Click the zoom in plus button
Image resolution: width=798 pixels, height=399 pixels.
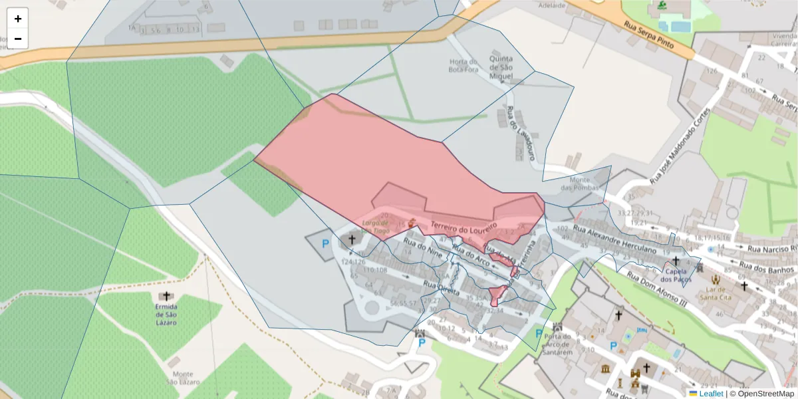pyautogui.click(x=18, y=19)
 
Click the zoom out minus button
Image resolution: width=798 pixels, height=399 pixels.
pyautogui.click(x=18, y=39)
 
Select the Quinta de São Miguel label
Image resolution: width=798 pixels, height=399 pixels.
pyautogui.click(x=501, y=67)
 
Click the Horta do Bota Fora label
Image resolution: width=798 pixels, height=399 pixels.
pyautogui.click(x=464, y=65)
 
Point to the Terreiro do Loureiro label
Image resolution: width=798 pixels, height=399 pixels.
pyautogui.click(x=464, y=227)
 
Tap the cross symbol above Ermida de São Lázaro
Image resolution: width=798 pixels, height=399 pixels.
pyautogui.click(x=166, y=296)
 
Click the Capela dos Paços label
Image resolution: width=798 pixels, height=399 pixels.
pyautogui.click(x=676, y=275)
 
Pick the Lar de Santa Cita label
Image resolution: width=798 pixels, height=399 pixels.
pyautogui.click(x=716, y=294)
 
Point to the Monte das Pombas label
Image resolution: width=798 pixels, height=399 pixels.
pyautogui.click(x=576, y=184)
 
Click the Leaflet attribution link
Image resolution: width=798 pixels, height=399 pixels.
pyautogui.click(x=711, y=394)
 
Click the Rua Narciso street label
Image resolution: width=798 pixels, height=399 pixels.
pyautogui.click(x=771, y=249)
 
